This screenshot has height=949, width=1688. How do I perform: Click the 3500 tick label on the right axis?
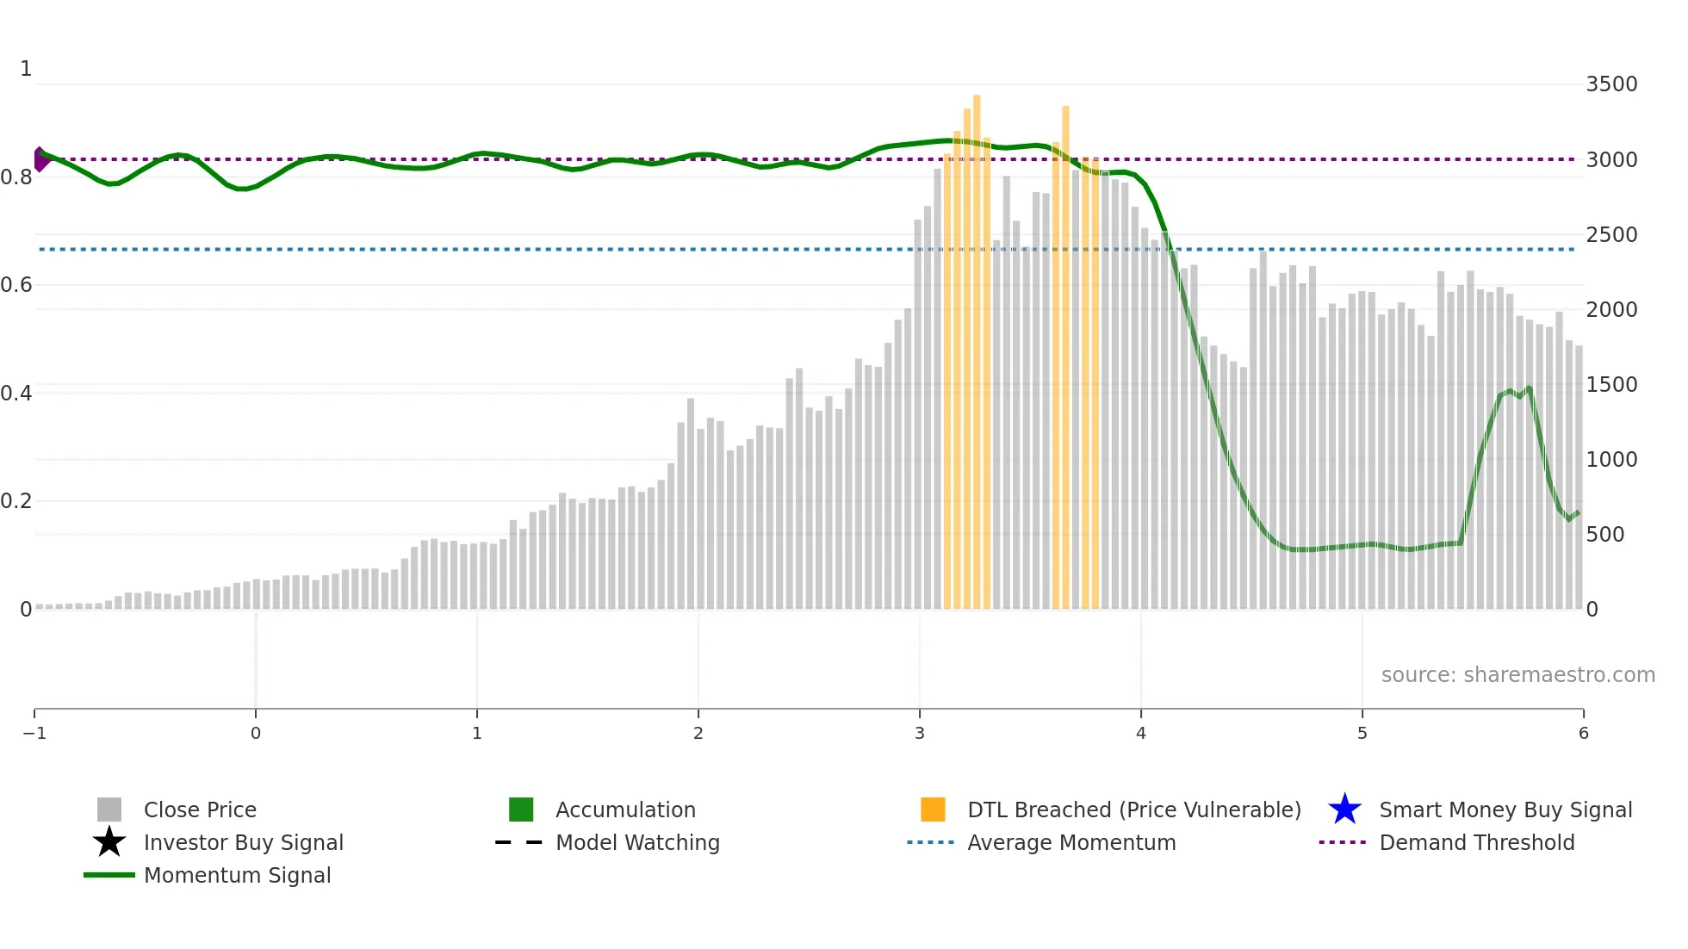tap(1610, 84)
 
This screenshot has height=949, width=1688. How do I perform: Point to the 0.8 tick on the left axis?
tap(16, 177)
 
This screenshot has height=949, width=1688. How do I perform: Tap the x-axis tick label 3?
tap(919, 734)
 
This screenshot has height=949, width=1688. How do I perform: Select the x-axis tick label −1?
tap(34, 734)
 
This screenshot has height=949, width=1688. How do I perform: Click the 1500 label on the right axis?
tap(1610, 385)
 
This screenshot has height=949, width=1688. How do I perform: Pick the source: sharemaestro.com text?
tap(1517, 675)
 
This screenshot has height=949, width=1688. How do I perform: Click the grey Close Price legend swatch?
tap(109, 809)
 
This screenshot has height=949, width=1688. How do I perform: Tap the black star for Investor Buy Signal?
tap(109, 842)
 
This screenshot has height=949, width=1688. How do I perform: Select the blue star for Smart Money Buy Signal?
tap(1344, 809)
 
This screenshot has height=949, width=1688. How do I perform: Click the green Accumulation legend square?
tap(521, 809)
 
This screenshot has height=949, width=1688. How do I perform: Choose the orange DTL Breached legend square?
tap(933, 809)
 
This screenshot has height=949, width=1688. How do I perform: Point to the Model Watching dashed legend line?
tap(518, 842)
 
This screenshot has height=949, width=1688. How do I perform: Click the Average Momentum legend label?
tap(1071, 842)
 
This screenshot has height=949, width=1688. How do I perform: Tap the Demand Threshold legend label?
tap(1476, 842)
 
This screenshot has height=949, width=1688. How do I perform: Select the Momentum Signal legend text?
tap(237, 875)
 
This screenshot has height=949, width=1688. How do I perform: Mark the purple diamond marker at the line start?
tap(40, 159)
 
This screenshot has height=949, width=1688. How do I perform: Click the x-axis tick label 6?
tap(1583, 734)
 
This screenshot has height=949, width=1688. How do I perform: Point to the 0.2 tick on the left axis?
tap(16, 501)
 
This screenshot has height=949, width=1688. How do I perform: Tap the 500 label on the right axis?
tap(1605, 535)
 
